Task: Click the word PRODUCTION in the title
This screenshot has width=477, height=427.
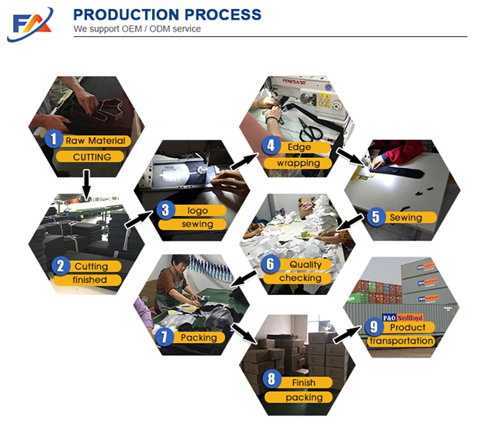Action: tap(122, 14)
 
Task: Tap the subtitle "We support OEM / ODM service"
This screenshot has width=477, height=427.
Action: tap(137, 29)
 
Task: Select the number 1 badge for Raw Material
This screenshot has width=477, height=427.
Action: tap(55, 140)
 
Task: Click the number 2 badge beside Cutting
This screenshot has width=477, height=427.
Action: tap(60, 266)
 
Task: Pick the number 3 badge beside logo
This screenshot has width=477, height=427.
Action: tap(166, 210)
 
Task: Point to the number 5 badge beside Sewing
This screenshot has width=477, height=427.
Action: tap(375, 217)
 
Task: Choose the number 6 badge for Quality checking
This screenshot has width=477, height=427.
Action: tap(270, 264)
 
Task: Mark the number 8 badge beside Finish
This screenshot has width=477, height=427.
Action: tap(272, 382)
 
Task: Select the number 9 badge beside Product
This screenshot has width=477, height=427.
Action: tap(374, 326)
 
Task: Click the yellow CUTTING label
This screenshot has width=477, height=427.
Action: tap(92, 157)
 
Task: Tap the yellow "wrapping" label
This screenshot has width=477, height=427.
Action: tap(298, 163)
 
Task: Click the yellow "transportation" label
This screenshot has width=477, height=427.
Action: tap(401, 341)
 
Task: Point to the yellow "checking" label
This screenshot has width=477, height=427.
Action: tap(300, 278)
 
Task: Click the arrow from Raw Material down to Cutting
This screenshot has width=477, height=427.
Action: tap(86, 184)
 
